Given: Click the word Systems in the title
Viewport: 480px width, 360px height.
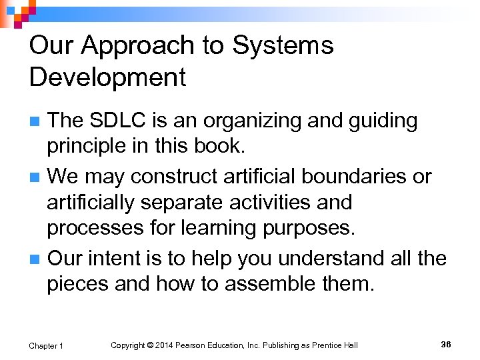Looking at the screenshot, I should pos(283,46).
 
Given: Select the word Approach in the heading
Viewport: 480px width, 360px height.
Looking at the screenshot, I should pos(141,46).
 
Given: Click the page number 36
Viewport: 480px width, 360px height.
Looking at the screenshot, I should pos(446,344).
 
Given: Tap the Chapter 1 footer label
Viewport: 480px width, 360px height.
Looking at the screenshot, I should pos(46,345).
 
